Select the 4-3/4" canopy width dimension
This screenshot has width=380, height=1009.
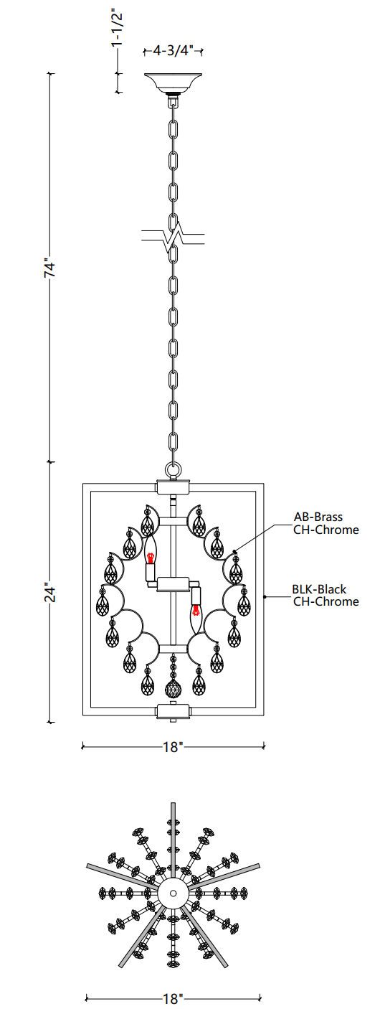click(x=173, y=50)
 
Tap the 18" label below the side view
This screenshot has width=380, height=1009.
click(x=173, y=747)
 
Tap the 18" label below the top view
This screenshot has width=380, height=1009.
click(x=173, y=998)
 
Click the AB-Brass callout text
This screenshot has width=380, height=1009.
click(x=318, y=517)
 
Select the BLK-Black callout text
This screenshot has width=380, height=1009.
click(x=319, y=588)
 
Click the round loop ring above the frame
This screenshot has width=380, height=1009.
click(x=173, y=471)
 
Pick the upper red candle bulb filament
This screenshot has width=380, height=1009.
click(x=151, y=557)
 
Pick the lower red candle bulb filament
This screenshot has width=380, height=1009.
click(x=196, y=611)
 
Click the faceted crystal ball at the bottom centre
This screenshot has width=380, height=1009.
click(x=173, y=688)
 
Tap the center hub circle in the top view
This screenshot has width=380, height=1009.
click(x=173, y=893)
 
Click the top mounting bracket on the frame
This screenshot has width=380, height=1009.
click(x=173, y=487)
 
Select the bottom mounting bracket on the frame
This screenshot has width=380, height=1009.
click(x=173, y=711)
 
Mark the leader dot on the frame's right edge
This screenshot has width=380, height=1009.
click(x=265, y=597)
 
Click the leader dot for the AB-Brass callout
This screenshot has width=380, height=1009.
click(x=234, y=551)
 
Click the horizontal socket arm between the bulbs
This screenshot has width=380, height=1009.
click(x=173, y=584)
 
